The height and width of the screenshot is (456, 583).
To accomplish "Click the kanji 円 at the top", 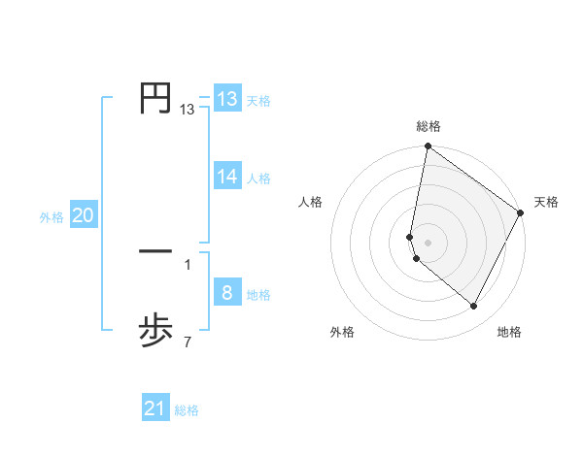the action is (155, 99).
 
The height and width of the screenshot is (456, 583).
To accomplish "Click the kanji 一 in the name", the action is (155, 251).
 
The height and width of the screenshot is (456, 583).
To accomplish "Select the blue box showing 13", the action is (227, 99).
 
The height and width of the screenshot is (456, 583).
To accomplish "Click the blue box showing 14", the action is (227, 177).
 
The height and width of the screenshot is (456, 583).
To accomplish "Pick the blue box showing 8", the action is (227, 293).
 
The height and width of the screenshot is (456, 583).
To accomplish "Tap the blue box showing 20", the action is (83, 215).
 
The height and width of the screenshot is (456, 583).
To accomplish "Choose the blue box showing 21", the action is (155, 409).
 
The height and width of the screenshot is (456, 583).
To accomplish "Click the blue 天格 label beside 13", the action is (258, 101).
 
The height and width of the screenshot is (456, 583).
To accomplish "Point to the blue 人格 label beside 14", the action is (258, 179).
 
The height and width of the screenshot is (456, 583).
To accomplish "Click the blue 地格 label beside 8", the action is (258, 295).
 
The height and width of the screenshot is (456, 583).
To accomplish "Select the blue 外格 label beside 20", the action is (51, 217).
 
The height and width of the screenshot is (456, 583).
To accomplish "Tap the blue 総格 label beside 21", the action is (187, 411).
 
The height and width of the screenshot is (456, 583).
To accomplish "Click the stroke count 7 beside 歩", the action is (187, 342).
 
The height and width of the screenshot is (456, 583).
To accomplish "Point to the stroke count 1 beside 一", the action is (187, 264).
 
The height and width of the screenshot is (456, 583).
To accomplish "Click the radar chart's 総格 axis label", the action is (429, 126).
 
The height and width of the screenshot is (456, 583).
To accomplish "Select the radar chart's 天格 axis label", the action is (547, 202).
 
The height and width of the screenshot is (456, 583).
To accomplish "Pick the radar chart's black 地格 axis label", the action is (509, 332).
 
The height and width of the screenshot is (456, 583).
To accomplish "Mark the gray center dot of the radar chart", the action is (429, 242).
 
